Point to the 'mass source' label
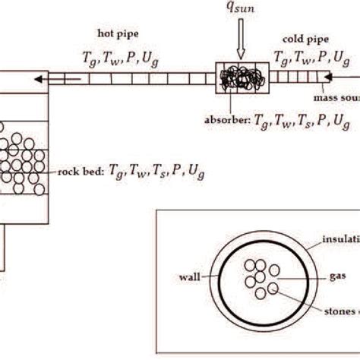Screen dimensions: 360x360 click(336, 98)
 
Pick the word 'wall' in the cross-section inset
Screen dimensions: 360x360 click(188, 278)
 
